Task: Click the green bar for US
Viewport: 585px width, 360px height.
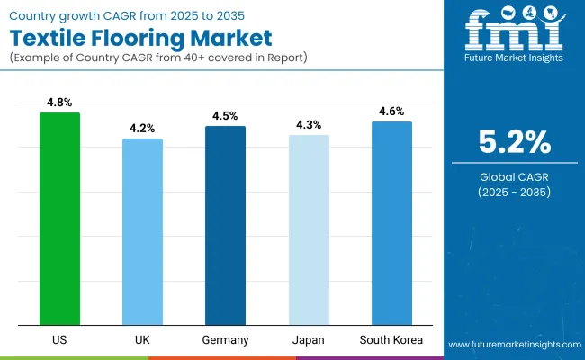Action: [x=59, y=219]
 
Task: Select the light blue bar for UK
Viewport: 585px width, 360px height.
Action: [x=142, y=231]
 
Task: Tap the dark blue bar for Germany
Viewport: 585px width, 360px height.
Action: [x=225, y=225]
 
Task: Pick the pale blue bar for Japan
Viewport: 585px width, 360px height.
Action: [x=309, y=229]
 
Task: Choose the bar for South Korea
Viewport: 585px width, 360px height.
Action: [x=391, y=223]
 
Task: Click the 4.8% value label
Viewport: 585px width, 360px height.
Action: [x=59, y=102]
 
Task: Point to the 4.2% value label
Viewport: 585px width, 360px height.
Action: [x=142, y=128]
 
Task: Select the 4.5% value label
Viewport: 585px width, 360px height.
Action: [x=225, y=115]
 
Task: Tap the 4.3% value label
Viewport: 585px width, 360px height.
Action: [x=309, y=124]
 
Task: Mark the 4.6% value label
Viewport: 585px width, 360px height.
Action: [x=391, y=111]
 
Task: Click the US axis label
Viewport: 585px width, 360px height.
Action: [x=59, y=341]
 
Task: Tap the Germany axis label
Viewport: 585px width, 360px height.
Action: [x=225, y=341]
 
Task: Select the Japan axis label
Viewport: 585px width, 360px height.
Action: [x=309, y=341]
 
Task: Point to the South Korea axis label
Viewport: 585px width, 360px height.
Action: [x=391, y=341]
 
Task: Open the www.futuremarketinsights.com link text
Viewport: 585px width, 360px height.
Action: [x=513, y=345]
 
